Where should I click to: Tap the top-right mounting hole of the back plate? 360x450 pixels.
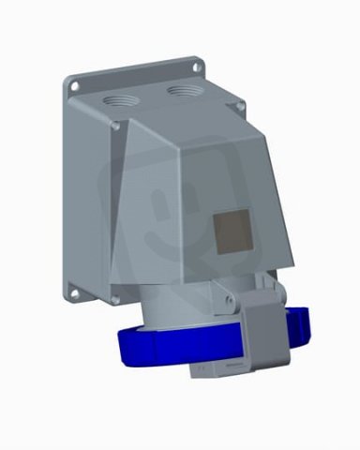[x=197, y=67]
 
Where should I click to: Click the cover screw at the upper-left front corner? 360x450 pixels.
[x=114, y=126]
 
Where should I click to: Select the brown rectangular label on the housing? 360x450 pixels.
[x=232, y=229]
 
